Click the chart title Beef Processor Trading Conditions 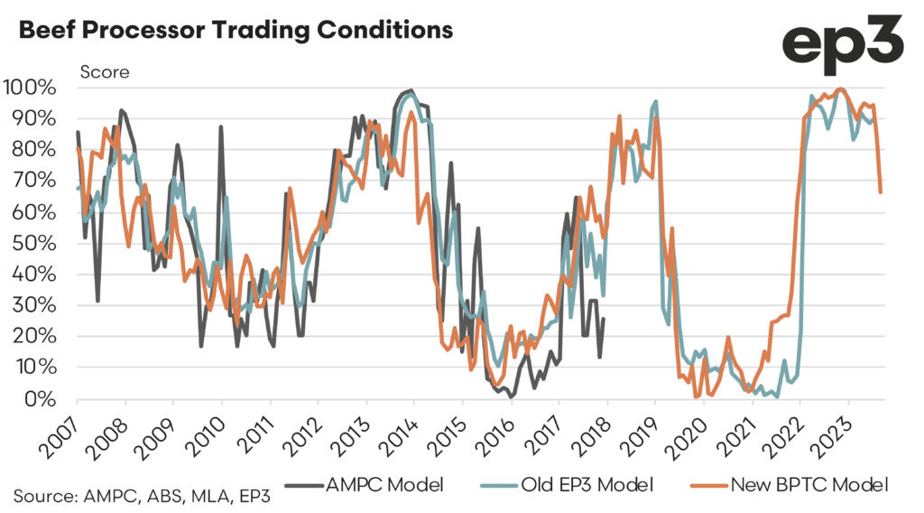click(236, 31)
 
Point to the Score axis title click(106, 72)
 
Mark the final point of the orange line click(881, 191)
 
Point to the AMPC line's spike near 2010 click(221, 127)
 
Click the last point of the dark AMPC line click(604, 319)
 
